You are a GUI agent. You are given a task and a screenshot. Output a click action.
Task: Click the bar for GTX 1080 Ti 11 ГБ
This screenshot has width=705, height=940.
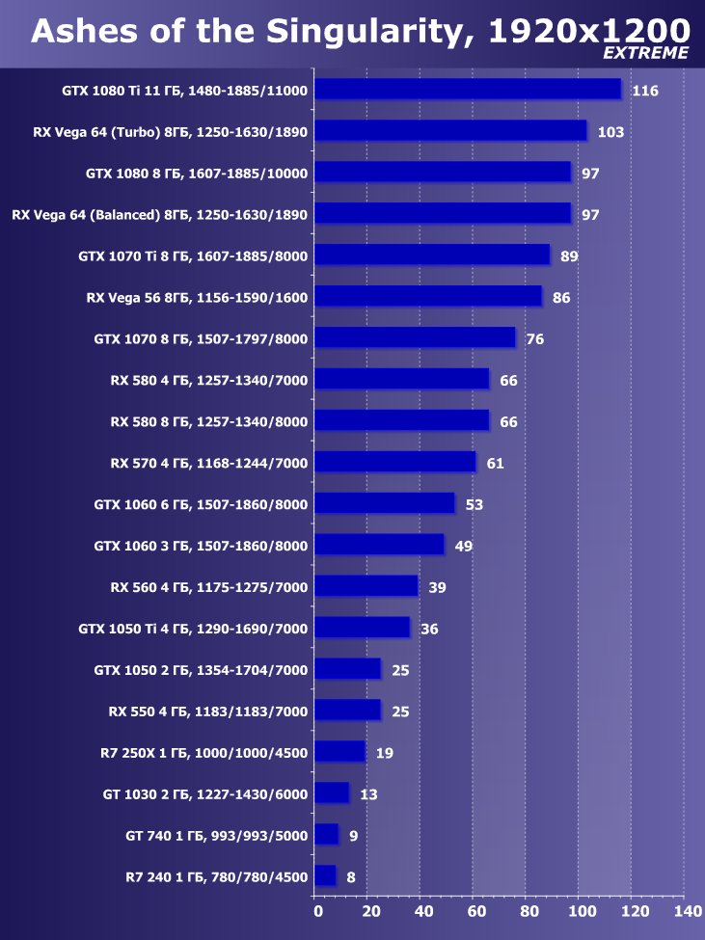click(x=468, y=90)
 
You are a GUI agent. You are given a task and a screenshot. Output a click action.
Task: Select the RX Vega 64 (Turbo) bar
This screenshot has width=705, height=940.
click(x=450, y=131)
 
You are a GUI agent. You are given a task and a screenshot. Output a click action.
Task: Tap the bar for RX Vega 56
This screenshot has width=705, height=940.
click(x=428, y=297)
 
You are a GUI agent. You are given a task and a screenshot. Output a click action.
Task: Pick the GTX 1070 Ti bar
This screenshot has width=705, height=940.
click(x=432, y=255)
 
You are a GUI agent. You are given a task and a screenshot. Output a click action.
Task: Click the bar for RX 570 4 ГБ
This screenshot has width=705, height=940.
click(x=395, y=463)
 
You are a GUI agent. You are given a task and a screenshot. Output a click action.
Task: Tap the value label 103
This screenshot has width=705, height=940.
click(x=610, y=132)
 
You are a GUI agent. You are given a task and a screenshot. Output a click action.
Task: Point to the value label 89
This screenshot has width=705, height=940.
click(x=569, y=256)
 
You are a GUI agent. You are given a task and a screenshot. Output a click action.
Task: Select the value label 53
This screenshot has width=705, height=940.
click(x=474, y=504)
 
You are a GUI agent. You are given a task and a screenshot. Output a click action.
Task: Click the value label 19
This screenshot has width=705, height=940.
click(x=384, y=753)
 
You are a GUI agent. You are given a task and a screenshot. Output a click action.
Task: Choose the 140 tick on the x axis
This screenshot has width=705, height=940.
click(x=686, y=911)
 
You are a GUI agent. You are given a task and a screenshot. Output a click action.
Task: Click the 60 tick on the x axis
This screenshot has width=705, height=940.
click(x=475, y=911)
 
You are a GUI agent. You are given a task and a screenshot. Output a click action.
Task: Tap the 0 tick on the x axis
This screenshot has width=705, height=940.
click(x=317, y=911)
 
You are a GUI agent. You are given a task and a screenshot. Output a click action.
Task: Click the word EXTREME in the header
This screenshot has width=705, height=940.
click(x=645, y=54)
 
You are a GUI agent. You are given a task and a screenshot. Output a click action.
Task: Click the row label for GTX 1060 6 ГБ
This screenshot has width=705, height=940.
click(x=201, y=504)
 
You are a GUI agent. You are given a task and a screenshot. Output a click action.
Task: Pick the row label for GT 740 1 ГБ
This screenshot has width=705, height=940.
click(x=216, y=836)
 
